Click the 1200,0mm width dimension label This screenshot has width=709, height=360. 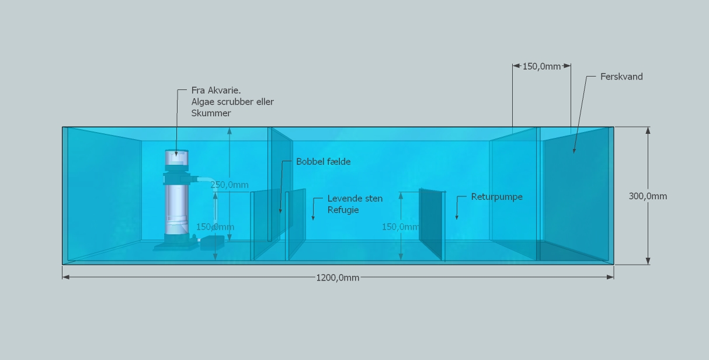tap(338, 278)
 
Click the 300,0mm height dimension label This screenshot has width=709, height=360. tap(648, 196)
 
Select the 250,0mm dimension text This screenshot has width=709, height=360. tap(230, 185)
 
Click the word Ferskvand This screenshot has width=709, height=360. tap(621, 77)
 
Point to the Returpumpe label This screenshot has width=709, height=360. tap(496, 197)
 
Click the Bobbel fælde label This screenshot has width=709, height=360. tap(323, 161)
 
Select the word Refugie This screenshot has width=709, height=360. tap(343, 210)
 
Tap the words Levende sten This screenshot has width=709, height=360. tap(354, 199)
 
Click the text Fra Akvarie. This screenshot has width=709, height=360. tap(216, 91)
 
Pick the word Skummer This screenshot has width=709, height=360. tap(211, 113)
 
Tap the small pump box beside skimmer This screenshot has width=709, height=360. tap(212, 242)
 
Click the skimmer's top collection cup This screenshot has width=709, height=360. tap(177, 158)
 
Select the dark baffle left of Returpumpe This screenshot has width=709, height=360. tap(431, 224)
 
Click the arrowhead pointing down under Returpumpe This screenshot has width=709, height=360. tap(457, 217)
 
